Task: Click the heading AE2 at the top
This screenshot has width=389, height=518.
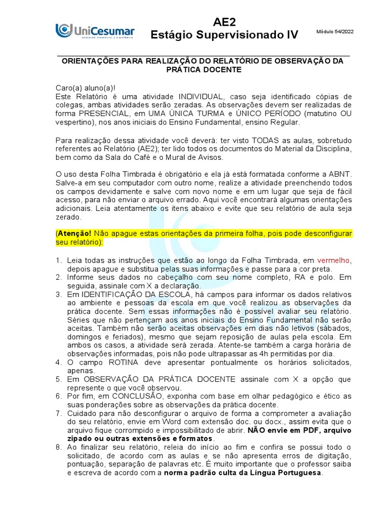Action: [x=224, y=22]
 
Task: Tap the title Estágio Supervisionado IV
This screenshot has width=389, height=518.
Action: [x=224, y=35]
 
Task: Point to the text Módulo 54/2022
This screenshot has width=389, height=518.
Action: [x=335, y=32]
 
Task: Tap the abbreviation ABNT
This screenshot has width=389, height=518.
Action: [x=338, y=174]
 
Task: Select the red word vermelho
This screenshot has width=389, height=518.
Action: [x=332, y=260]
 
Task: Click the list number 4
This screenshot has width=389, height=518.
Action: [x=58, y=363]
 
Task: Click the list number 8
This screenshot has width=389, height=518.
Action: [x=58, y=448]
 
